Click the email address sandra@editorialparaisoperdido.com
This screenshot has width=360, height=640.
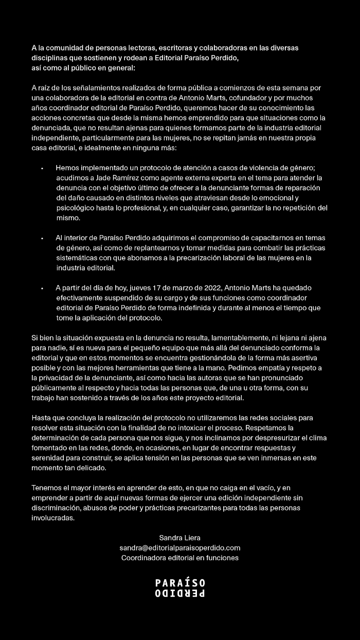click(x=180, y=548)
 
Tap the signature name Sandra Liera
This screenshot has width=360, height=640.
click(x=180, y=538)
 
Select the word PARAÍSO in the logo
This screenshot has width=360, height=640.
click(x=180, y=583)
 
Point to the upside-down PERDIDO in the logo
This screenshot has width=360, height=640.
click(x=180, y=593)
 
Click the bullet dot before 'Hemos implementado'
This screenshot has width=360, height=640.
click(x=42, y=168)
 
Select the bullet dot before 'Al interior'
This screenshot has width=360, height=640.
click(x=42, y=239)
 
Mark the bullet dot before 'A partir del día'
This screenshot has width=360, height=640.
click(x=42, y=288)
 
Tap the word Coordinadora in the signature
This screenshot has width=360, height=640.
click(x=143, y=558)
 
